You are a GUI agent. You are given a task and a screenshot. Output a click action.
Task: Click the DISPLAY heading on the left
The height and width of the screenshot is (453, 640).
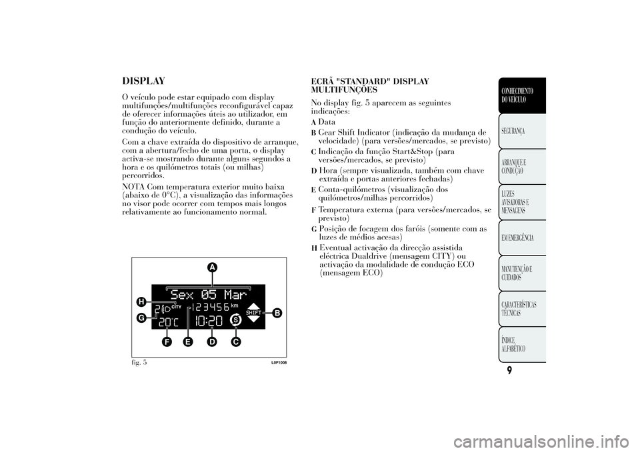click(144, 81)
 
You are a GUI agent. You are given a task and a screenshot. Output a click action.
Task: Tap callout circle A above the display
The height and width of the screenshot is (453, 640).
click(212, 268)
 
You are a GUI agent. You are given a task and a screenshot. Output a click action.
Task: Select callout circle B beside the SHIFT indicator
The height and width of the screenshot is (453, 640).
click(277, 314)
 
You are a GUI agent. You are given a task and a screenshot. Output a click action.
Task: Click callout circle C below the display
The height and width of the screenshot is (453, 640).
click(235, 342)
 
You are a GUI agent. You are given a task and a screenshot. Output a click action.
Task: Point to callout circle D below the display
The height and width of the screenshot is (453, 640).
click(211, 342)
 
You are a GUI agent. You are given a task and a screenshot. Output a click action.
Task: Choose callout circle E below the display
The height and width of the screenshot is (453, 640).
click(188, 342)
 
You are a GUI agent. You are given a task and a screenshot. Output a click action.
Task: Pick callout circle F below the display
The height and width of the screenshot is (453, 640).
click(166, 342)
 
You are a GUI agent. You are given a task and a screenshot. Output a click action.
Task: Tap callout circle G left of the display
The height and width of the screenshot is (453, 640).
click(141, 318)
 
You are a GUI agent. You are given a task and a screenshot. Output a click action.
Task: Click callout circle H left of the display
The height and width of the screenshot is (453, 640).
click(141, 302)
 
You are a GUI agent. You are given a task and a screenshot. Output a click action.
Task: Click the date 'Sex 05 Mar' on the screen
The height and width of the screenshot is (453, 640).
click(208, 294)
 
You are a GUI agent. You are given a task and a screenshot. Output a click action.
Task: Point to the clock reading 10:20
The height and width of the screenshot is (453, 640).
click(209, 321)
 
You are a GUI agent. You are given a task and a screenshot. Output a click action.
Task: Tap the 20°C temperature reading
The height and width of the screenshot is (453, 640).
click(169, 322)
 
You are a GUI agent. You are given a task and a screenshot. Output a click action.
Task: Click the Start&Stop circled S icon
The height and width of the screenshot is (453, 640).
click(235, 321)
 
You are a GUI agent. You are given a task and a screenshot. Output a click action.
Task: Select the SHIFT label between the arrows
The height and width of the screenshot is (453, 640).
click(253, 313)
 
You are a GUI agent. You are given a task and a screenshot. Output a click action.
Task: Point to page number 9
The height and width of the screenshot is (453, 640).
click(510, 371)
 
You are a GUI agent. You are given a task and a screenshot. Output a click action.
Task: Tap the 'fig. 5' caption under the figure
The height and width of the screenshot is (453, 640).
click(139, 362)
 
